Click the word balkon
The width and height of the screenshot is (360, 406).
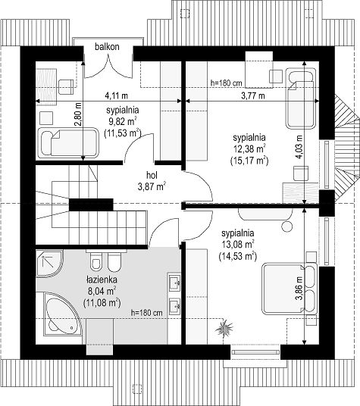tap(107, 47)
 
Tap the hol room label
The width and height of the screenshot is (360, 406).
tap(152, 175)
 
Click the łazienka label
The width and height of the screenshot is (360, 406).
tap(102, 280)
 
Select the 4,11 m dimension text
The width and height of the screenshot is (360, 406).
tap(116, 95)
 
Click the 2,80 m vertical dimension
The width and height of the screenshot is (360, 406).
tap(78, 114)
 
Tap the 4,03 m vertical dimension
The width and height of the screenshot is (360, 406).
tap(299, 147)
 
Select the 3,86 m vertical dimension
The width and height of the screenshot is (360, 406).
tap(299, 288)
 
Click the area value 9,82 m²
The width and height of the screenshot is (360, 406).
tap(123, 121)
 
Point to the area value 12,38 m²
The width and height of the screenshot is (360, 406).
tap(249, 149)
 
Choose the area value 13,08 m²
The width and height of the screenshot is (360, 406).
tap(238, 245)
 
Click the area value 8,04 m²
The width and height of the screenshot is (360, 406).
tap(102, 292)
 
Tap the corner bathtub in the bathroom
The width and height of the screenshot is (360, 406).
tap(63, 314)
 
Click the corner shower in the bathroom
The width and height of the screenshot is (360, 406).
tap(49, 263)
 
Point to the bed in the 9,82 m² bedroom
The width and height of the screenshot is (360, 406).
tap(68, 142)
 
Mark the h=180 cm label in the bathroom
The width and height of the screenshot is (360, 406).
tap(147, 313)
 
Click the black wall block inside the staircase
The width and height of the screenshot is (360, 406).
tap(91, 205)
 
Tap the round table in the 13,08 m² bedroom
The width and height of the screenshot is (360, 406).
tap(287, 226)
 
